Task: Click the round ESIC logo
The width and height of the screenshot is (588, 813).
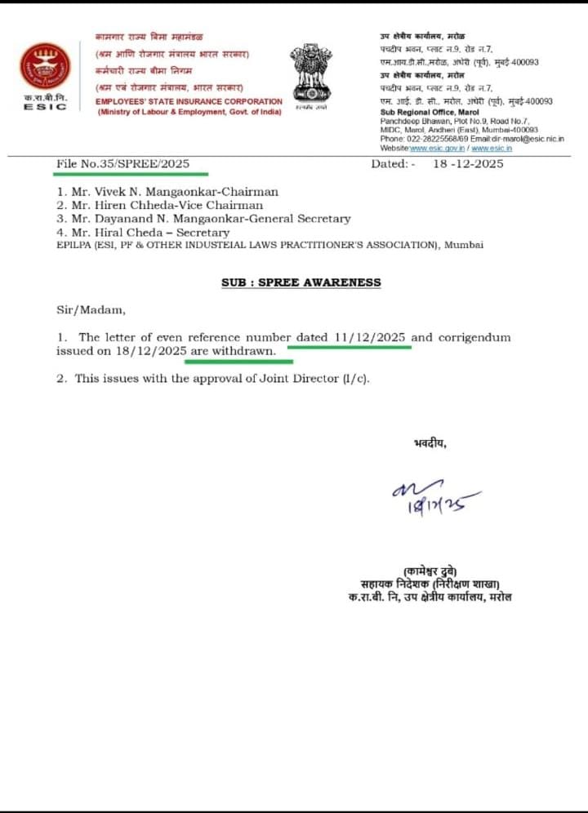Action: pyautogui.click(x=45, y=66)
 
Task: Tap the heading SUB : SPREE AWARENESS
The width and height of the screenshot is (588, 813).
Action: pyautogui.click(x=301, y=282)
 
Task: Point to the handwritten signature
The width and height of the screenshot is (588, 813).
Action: pyautogui.click(x=433, y=498)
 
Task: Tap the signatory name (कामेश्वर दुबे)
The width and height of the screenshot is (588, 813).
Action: pyautogui.click(x=430, y=571)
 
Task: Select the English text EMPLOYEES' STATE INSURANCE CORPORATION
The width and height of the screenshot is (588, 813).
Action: pyautogui.click(x=189, y=101)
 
